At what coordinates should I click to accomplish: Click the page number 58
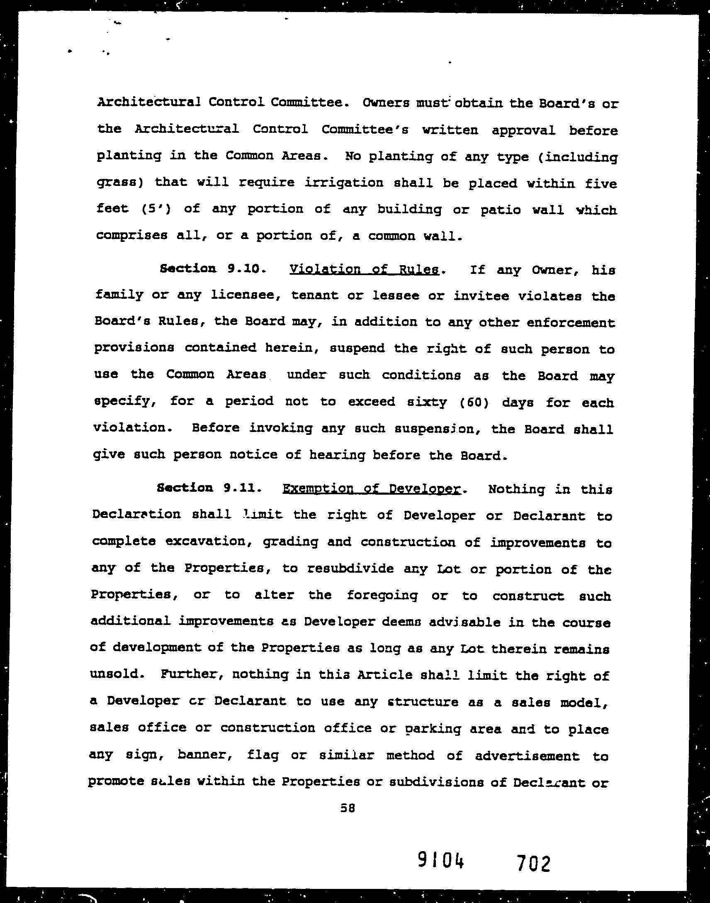coord(347,808)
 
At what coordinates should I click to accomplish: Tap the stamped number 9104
coord(440,861)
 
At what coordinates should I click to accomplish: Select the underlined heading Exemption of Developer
coord(372,489)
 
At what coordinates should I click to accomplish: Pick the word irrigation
coord(344,183)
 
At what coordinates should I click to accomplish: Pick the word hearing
coord(337,455)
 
